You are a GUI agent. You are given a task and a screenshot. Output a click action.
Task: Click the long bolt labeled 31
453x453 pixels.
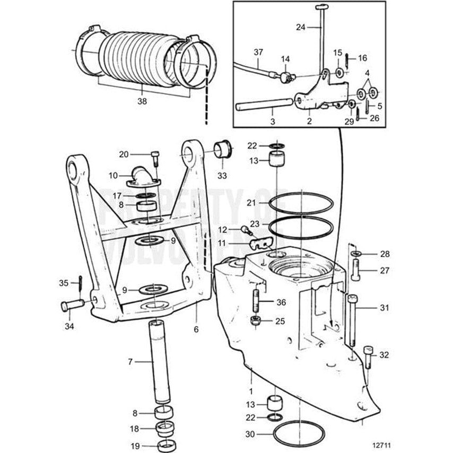(352, 320)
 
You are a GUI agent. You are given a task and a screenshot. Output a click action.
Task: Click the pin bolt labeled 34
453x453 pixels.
(73, 306)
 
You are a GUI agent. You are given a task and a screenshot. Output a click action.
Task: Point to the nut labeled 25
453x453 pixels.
(254, 321)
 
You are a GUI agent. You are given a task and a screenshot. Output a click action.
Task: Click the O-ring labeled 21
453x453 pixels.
(301, 204)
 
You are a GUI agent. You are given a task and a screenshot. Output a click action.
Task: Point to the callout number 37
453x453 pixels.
(258, 51)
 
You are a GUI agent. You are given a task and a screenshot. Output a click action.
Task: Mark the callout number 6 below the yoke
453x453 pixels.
(196, 329)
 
